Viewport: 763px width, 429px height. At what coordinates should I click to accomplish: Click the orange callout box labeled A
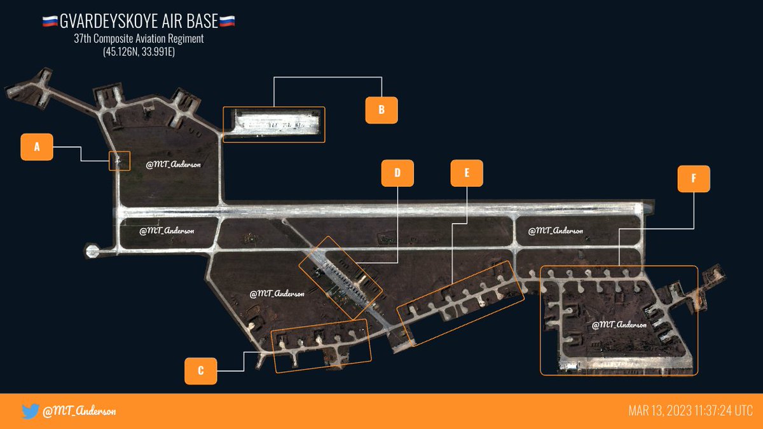[37, 147]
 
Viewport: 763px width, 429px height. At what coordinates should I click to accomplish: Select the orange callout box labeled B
[381, 110]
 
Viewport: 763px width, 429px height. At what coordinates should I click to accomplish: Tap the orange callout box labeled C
[201, 371]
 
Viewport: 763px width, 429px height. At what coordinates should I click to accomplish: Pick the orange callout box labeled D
[397, 173]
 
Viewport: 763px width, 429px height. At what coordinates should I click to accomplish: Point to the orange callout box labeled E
[467, 173]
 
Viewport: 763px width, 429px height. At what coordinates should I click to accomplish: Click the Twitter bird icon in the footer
[30, 411]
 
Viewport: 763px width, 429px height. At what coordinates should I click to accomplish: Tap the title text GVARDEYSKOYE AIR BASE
[139, 22]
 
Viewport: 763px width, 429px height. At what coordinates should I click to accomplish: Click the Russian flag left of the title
[50, 22]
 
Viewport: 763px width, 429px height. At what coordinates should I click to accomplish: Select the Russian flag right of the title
[228, 22]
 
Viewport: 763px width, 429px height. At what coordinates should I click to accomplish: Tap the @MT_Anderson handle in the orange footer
[79, 411]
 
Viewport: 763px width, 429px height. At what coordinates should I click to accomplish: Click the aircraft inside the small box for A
[118, 161]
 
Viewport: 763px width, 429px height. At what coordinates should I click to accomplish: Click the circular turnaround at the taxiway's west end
[92, 252]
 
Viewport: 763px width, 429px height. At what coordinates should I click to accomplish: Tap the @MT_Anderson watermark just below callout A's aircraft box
[174, 165]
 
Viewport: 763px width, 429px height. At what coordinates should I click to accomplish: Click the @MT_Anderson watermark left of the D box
[277, 294]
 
